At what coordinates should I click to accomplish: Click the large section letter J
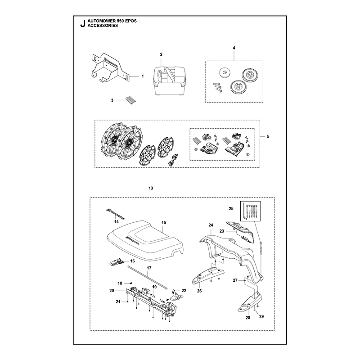pos(83,23)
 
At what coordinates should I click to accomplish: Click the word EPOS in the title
pos(131,21)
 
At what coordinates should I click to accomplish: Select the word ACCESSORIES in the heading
pos(103,26)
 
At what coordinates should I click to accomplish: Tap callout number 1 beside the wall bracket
pos(143,76)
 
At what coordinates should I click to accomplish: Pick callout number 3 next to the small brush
pos(112,100)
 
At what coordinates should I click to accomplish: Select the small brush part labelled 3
pos(130,101)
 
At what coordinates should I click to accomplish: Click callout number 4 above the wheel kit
pos(234,48)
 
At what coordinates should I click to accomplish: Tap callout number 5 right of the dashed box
pos(268,137)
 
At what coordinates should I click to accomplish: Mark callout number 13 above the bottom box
pos(151,188)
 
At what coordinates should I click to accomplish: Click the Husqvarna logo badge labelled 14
pos(115,213)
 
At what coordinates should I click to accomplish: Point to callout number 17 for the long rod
pos(149,268)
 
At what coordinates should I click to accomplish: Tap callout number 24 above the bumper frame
pos(211,225)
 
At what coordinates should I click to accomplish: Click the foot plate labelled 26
pos(207,275)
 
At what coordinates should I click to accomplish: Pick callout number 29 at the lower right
pos(261,317)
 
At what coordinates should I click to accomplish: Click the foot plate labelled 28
pos(250,302)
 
